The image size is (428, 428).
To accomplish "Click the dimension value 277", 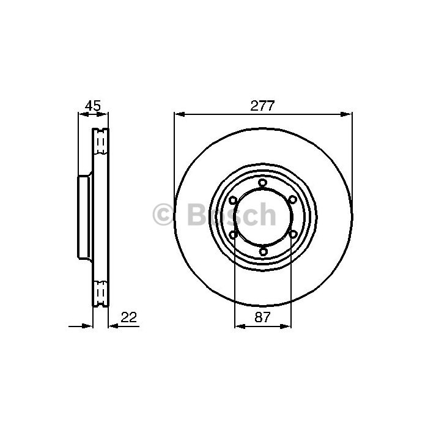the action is coord(262,106).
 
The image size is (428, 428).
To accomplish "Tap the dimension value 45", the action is coord(93,105).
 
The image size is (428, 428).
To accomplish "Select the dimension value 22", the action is coord(128,317).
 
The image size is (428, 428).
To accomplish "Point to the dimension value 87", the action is coord(262,317).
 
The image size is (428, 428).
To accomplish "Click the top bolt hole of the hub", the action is coord(262,182).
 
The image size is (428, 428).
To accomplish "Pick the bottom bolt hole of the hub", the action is coord(263,251).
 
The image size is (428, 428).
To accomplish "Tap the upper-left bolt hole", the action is coord(233,201).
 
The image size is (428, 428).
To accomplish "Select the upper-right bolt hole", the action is coord(292,199).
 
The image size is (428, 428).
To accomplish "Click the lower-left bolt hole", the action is coord(234,234).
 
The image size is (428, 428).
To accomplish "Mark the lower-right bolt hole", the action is coord(293,234).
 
